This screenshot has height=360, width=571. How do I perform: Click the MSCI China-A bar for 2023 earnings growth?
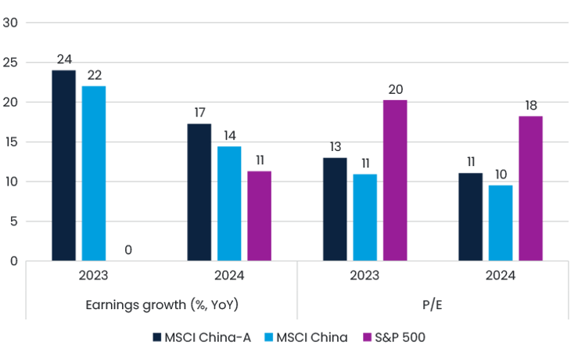tap(63, 164)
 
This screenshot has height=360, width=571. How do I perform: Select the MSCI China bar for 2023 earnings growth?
tap(94, 172)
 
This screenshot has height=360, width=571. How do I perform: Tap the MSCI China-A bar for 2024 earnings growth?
tap(199, 191)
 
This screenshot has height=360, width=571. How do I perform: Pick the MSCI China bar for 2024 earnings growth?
tap(229, 202)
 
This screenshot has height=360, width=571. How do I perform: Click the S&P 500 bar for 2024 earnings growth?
tap(260, 214)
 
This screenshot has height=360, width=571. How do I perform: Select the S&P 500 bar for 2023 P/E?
tap(395, 178)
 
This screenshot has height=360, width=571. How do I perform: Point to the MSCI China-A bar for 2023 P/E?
tap(335, 208)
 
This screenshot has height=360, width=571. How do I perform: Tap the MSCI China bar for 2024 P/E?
tap(501, 221)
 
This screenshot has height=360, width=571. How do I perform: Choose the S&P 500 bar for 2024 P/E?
tap(531, 188)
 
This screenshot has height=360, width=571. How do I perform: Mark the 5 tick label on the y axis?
tap(13, 221)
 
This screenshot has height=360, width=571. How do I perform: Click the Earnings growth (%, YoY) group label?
tap(162, 304)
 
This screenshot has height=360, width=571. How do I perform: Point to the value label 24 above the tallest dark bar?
tap(64, 59)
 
